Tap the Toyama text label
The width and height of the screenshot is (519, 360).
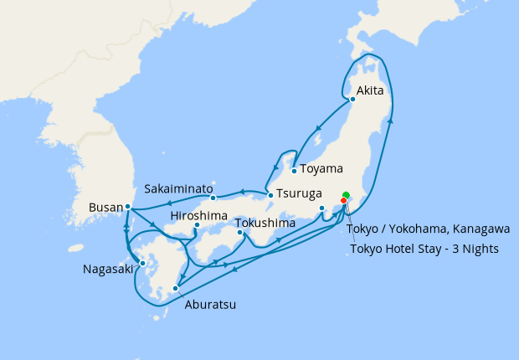[x=321, y=168]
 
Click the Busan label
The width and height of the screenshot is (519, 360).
[x=105, y=207]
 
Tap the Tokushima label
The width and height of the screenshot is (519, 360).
[x=265, y=224]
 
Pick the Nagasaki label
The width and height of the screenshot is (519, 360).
[x=106, y=269]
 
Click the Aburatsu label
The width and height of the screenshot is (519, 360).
[x=209, y=305]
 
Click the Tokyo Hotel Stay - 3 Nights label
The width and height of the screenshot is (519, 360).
[x=424, y=249]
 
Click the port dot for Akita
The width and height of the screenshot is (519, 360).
[x=352, y=100]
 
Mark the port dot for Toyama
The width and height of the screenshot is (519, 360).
[x=294, y=172]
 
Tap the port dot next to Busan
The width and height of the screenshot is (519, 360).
[x=127, y=206]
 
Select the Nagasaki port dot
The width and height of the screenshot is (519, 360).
[x=143, y=264]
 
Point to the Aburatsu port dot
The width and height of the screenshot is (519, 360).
[x=175, y=290]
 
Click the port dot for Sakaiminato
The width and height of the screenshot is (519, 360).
[x=213, y=198]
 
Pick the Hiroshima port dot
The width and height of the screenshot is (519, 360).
[x=196, y=225]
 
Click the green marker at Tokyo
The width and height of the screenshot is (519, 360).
[x=346, y=195]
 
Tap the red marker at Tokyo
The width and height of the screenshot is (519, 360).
[x=343, y=200]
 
